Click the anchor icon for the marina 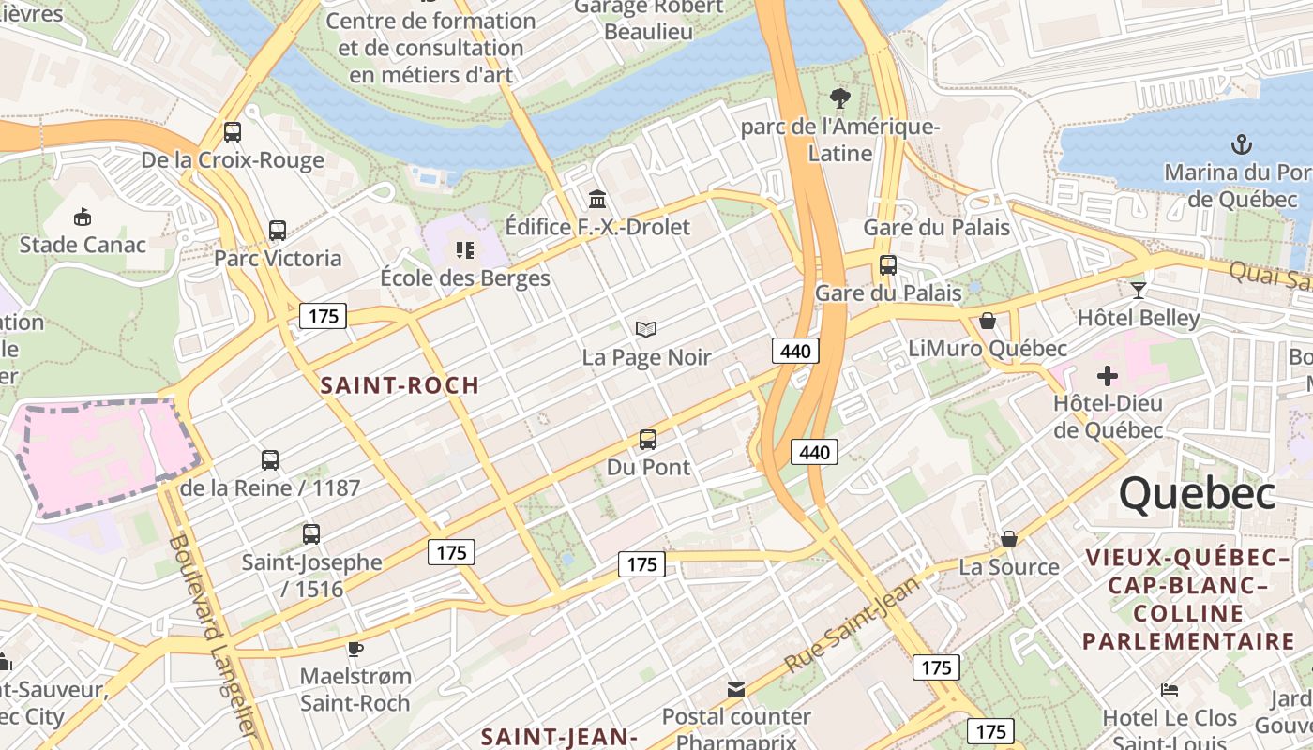tap(1242, 144)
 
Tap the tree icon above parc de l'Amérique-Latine tap(840, 97)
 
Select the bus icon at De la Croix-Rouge tap(233, 132)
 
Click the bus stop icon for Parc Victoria tap(278, 231)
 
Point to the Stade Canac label tap(83, 245)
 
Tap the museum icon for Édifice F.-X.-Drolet tap(597, 199)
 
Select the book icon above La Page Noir tap(646, 329)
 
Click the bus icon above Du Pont tap(648, 439)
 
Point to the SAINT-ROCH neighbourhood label tap(400, 385)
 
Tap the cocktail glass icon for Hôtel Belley tap(1139, 290)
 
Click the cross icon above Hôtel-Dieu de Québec tap(1108, 376)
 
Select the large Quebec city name tap(1197, 493)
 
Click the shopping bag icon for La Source tap(1009, 539)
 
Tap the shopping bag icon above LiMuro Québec tap(988, 321)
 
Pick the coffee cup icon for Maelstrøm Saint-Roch tap(355, 648)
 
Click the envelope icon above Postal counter tap(736, 690)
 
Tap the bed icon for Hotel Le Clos tap(1170, 690)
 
